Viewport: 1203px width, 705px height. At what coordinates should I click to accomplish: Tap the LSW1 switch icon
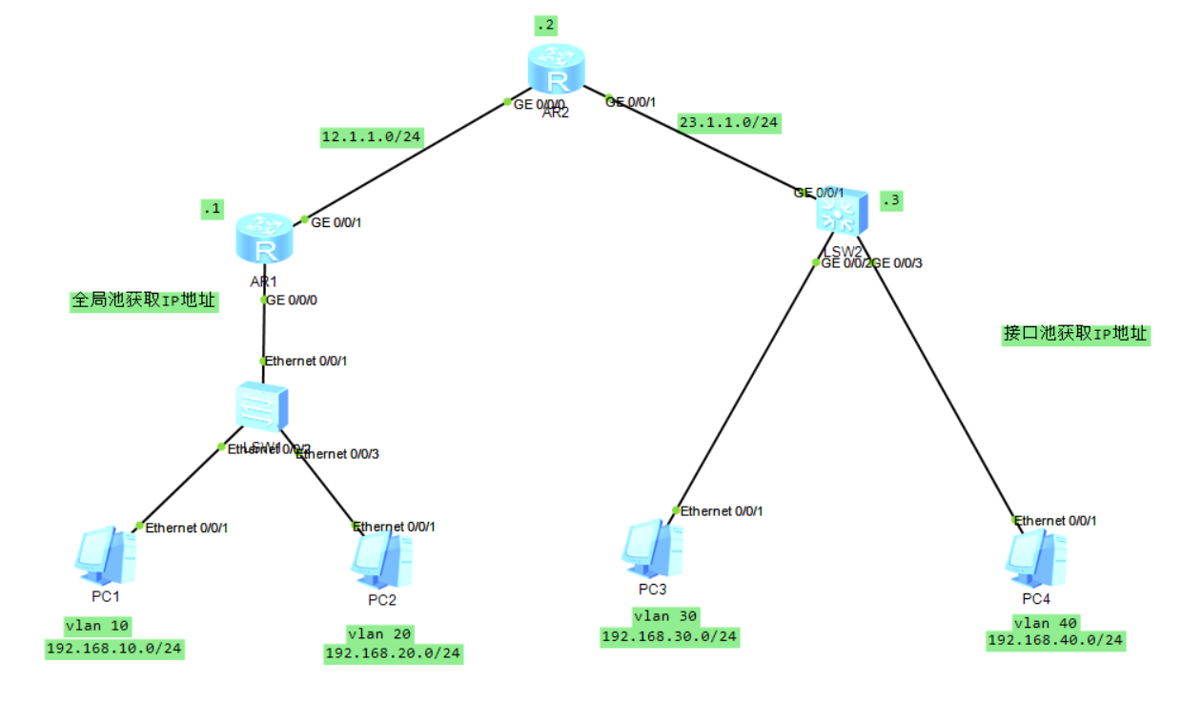pyautogui.click(x=261, y=408)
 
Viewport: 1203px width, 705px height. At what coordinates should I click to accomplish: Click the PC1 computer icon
pyautogui.click(x=105, y=556)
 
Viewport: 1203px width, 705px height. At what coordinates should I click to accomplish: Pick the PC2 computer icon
pyautogui.click(x=381, y=560)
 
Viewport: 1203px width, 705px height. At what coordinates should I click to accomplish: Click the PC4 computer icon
pyautogui.click(x=1035, y=557)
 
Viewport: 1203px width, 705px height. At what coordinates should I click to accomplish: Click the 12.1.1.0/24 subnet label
pyautogui.click(x=372, y=137)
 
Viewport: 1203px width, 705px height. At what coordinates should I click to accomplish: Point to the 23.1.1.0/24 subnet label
pyautogui.click(x=728, y=122)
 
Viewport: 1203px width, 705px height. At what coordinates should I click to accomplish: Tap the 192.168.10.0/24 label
pyautogui.click(x=114, y=650)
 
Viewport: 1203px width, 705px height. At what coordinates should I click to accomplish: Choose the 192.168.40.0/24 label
pyautogui.click(x=1055, y=640)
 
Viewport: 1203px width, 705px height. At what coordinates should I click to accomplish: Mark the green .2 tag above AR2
pyautogui.click(x=545, y=26)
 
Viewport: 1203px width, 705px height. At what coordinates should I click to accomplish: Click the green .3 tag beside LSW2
pyautogui.click(x=890, y=201)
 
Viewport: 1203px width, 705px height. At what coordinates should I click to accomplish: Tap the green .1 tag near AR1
pyautogui.click(x=211, y=209)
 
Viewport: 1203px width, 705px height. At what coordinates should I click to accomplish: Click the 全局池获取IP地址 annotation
pyautogui.click(x=145, y=301)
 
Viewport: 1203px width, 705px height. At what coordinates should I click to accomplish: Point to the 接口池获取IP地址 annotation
pyautogui.click(x=1075, y=334)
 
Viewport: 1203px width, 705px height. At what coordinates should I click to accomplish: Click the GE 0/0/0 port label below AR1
pyautogui.click(x=292, y=300)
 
